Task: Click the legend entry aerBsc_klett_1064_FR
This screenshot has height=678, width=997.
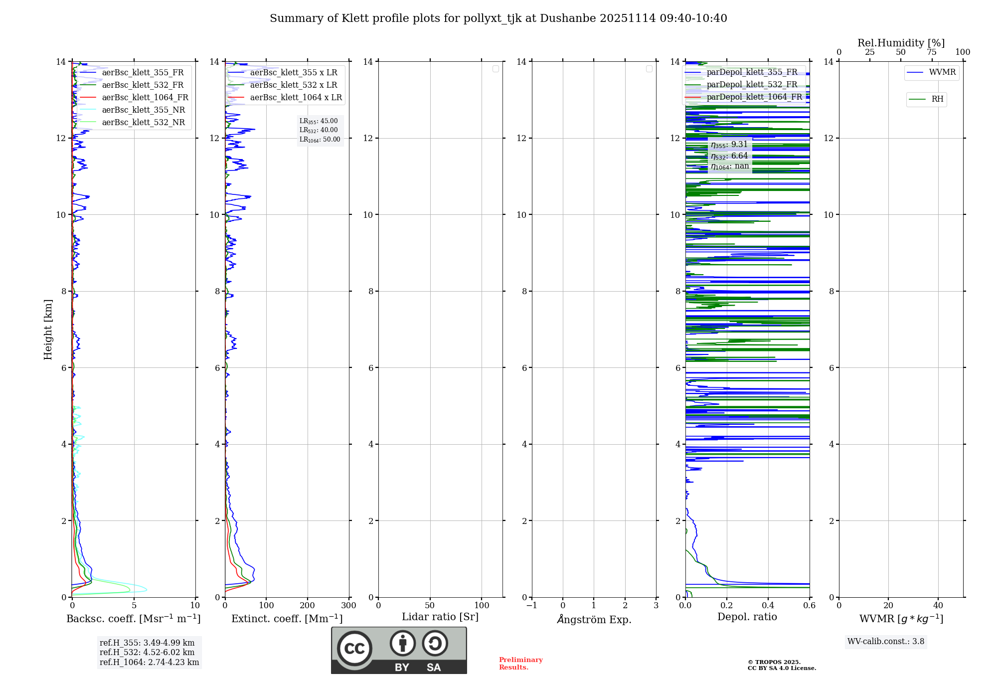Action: click(x=145, y=98)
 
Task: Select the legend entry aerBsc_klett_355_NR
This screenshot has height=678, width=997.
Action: click(x=143, y=110)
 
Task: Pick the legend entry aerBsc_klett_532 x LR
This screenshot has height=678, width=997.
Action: click(x=293, y=85)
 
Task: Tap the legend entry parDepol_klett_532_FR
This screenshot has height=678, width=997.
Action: click(x=752, y=85)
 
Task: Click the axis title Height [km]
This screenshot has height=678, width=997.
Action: click(x=48, y=330)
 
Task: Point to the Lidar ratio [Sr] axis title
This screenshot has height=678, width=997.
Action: click(x=440, y=617)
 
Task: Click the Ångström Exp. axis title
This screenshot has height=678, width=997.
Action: click(x=594, y=620)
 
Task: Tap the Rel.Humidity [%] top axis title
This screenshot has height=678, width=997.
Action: click(x=901, y=43)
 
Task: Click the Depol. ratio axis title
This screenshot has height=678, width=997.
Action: click(x=747, y=617)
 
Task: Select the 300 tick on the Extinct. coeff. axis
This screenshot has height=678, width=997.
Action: click(x=349, y=606)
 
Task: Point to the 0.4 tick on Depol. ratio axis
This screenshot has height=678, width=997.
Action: click(x=768, y=606)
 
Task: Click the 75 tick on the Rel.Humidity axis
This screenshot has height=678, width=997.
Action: click(x=931, y=52)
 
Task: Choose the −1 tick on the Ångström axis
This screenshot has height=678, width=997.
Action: click(x=532, y=606)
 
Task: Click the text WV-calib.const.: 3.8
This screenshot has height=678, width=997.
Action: click(x=886, y=642)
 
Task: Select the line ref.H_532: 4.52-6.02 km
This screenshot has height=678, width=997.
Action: click(x=147, y=653)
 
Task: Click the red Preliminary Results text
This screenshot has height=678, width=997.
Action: click(x=520, y=664)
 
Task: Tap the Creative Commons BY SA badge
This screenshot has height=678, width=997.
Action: click(x=399, y=651)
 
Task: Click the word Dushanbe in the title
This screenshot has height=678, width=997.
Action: click(x=568, y=18)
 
